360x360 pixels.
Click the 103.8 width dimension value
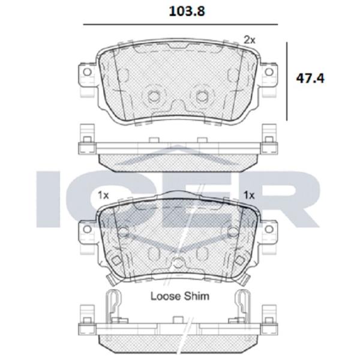click(180, 10)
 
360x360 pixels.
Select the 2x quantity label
click(250, 39)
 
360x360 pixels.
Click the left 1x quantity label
click(103, 196)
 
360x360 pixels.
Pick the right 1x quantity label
click(250, 196)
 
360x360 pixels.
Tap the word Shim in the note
click(198, 296)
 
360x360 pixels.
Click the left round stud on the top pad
click(154, 95)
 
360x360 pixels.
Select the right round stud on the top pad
click(203, 95)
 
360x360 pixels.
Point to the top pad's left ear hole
click(86, 71)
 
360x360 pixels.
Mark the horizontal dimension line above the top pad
click(180, 24)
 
